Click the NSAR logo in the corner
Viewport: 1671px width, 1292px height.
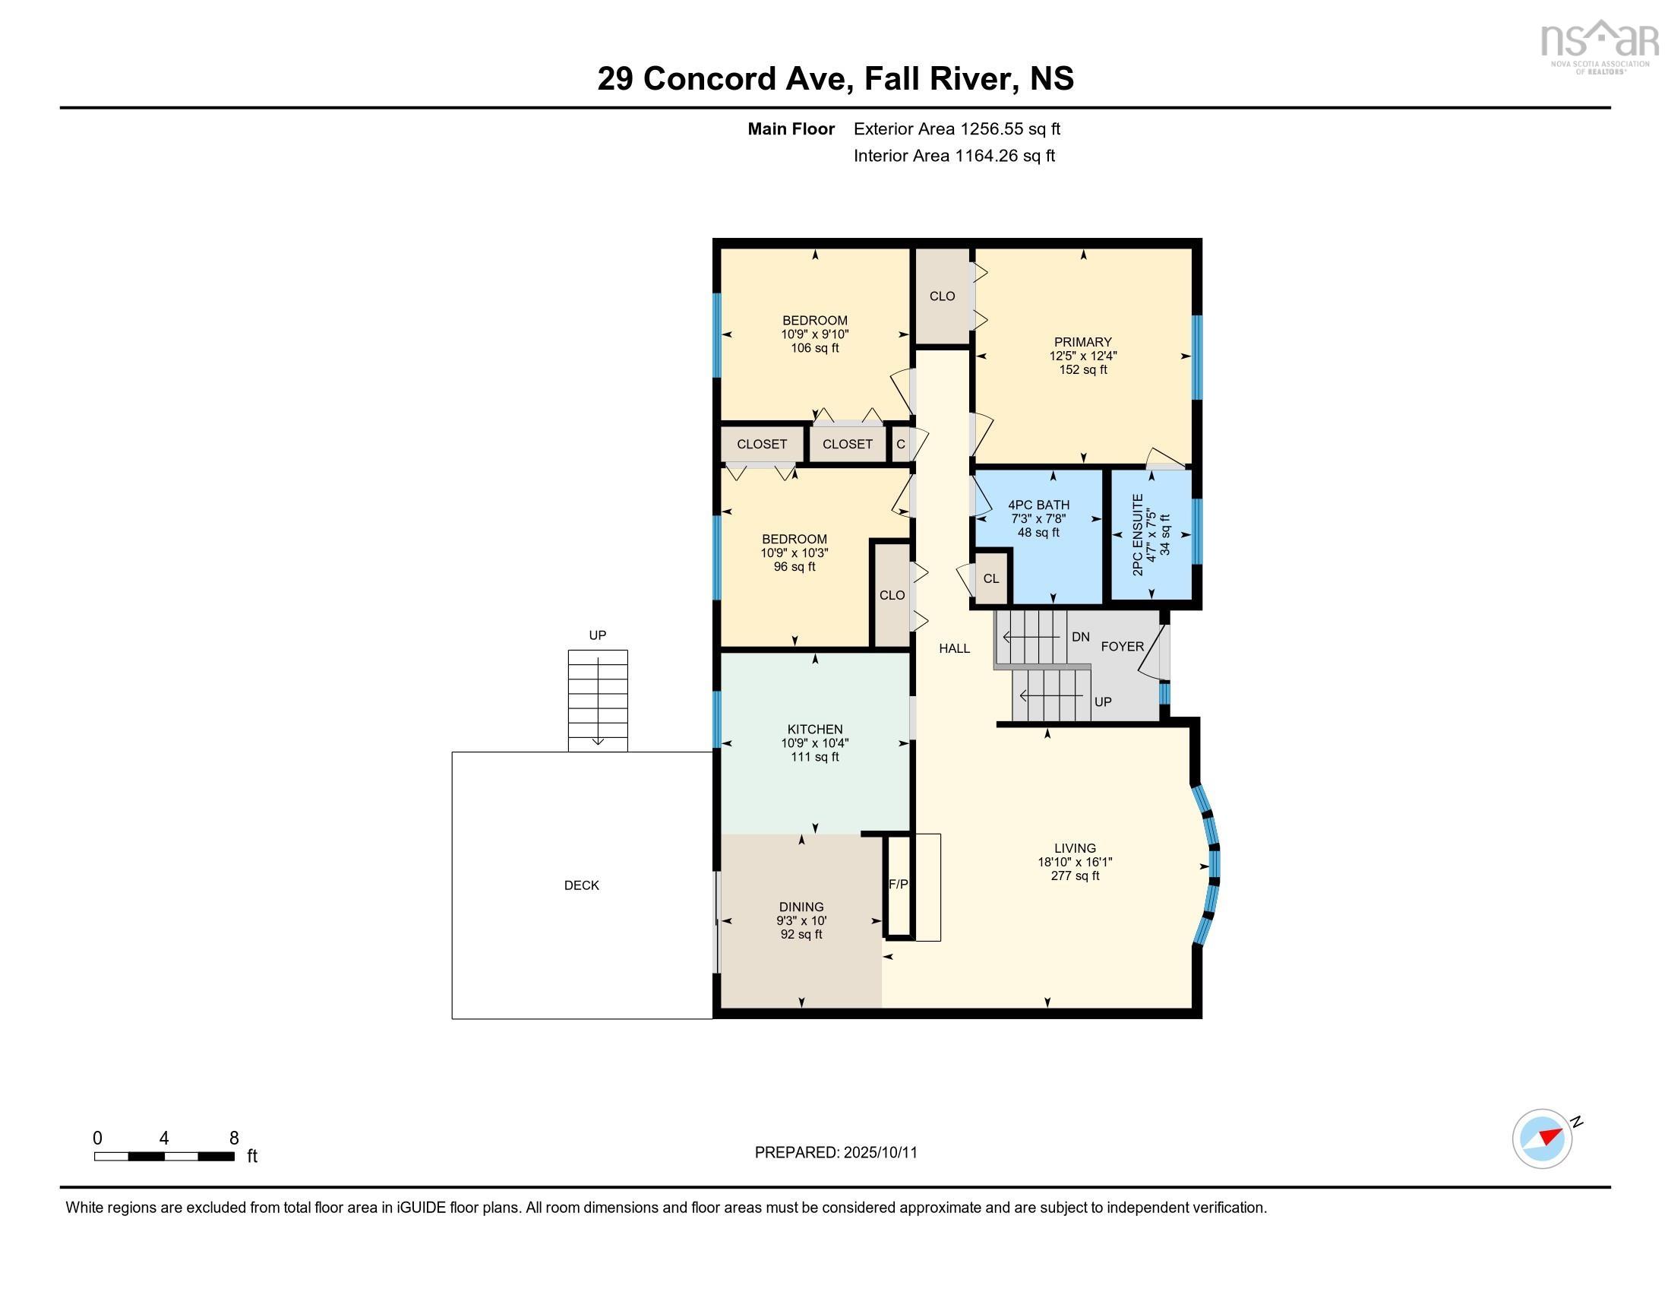(1599, 46)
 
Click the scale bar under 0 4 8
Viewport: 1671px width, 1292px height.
(164, 1156)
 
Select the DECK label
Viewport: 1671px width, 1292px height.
(582, 885)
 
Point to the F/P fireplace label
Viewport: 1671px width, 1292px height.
(899, 884)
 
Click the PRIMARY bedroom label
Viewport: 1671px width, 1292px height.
(1082, 342)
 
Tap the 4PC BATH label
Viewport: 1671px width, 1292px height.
(1038, 505)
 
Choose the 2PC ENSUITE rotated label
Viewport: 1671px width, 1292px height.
(1138, 535)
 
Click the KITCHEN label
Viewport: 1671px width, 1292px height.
(815, 730)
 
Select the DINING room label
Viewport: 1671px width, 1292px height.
(801, 907)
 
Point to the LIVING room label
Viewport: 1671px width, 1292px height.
(1075, 848)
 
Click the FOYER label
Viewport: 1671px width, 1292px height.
(1123, 647)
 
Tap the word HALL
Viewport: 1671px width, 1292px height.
(954, 649)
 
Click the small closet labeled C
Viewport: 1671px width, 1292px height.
(901, 444)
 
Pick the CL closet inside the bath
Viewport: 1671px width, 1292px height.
(990, 578)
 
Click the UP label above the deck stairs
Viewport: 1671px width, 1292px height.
(598, 635)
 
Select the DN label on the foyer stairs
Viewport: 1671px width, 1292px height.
(1080, 637)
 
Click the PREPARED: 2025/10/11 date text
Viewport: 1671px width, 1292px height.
(835, 1153)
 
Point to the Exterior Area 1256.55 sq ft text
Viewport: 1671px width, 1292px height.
(957, 128)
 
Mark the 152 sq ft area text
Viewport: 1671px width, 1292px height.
(1082, 369)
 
